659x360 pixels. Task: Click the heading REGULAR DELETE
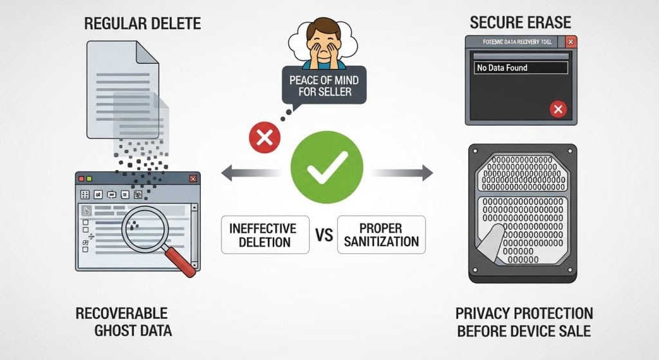point(143,24)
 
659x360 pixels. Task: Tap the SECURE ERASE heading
point(520,22)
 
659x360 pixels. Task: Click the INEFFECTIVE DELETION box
point(264,234)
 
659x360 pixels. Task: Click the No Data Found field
point(521,68)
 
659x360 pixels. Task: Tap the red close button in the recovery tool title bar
point(570,43)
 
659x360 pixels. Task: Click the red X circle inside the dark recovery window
point(557,109)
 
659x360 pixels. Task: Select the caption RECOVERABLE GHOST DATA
point(122,322)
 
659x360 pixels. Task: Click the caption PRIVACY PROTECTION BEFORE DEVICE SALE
point(524,322)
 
